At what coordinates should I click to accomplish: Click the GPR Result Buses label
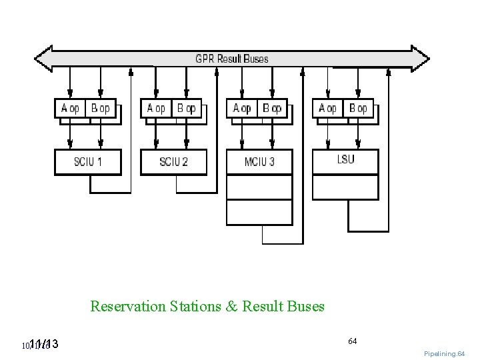click(x=232, y=59)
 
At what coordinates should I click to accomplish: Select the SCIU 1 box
click(x=87, y=161)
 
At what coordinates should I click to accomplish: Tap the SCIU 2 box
click(x=173, y=161)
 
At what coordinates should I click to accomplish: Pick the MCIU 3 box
click(x=259, y=161)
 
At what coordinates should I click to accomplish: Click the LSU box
click(x=345, y=159)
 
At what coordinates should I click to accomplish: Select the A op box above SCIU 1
click(x=70, y=108)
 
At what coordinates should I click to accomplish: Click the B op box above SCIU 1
click(x=101, y=108)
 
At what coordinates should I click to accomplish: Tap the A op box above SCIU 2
click(x=156, y=108)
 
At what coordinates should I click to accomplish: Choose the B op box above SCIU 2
click(x=187, y=108)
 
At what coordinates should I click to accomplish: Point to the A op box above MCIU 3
click(x=242, y=108)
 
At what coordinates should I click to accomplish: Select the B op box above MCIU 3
click(x=273, y=108)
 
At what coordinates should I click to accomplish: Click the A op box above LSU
click(x=328, y=108)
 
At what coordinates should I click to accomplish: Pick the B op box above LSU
click(x=359, y=108)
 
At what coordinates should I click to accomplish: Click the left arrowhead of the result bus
click(x=43, y=59)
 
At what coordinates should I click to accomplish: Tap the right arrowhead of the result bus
click(x=421, y=59)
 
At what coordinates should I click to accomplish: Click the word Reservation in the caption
click(x=127, y=307)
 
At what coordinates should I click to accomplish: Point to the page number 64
click(x=352, y=341)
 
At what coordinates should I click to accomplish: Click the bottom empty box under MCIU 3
click(x=259, y=212)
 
